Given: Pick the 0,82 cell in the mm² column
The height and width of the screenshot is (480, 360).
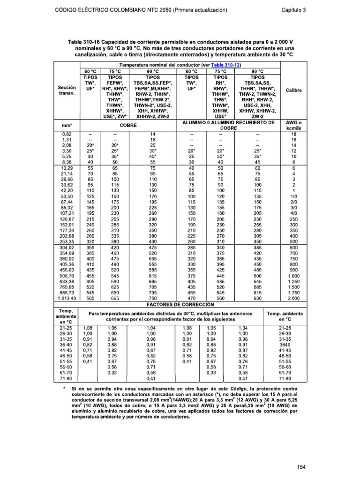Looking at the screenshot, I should pyautogui.click(x=67, y=134).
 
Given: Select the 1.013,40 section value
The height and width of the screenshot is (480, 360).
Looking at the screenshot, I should pyautogui.click(x=67, y=298).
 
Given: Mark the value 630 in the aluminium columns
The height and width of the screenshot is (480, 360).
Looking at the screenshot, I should pyautogui.click(x=257, y=298).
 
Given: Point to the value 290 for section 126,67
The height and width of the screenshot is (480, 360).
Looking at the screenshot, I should pyautogui.click(x=152, y=218).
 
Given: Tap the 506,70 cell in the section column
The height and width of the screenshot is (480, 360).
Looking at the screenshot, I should pyautogui.click(x=67, y=277).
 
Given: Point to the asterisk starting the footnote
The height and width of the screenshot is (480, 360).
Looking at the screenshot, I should pyautogui.click(x=64, y=389).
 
